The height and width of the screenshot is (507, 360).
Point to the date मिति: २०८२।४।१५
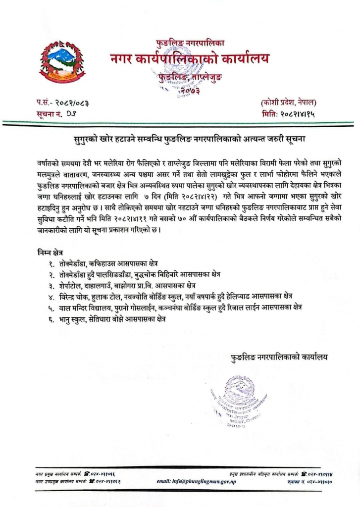pos(289,114)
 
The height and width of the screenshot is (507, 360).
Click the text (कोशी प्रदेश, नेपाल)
pos(288,103)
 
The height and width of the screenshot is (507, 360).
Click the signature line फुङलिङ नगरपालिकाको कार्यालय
pos(279,356)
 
